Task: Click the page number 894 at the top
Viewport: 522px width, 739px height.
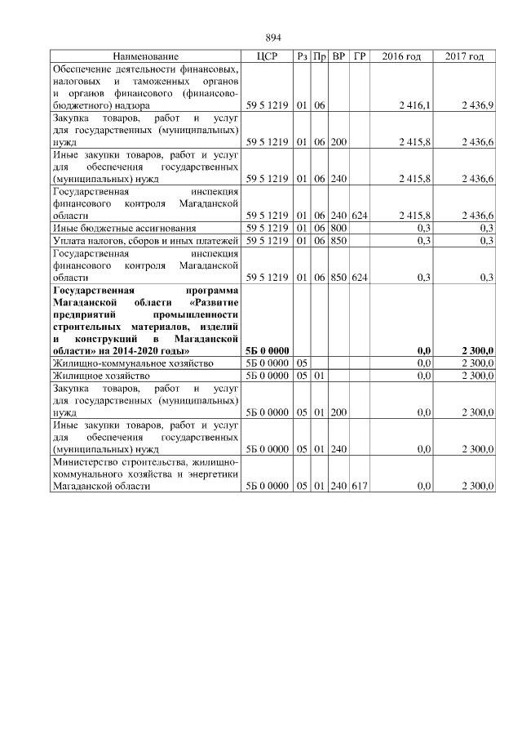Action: [x=273, y=38]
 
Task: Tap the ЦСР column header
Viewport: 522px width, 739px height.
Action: [x=268, y=56]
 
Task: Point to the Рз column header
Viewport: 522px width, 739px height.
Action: [x=302, y=56]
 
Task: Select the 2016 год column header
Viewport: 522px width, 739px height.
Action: [x=402, y=56]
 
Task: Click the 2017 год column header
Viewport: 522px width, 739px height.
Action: [x=465, y=56]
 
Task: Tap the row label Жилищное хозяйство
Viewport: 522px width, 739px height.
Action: [x=93, y=376]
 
